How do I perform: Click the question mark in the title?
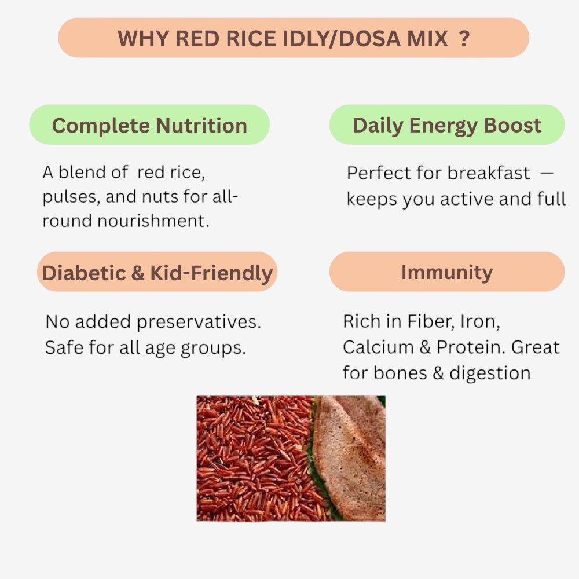point(464,39)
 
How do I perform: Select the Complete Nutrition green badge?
point(149,125)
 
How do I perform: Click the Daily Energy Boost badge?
point(447,125)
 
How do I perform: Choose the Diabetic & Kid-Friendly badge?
point(157,272)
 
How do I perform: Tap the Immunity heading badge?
point(447,272)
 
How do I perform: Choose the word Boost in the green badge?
point(513,125)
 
